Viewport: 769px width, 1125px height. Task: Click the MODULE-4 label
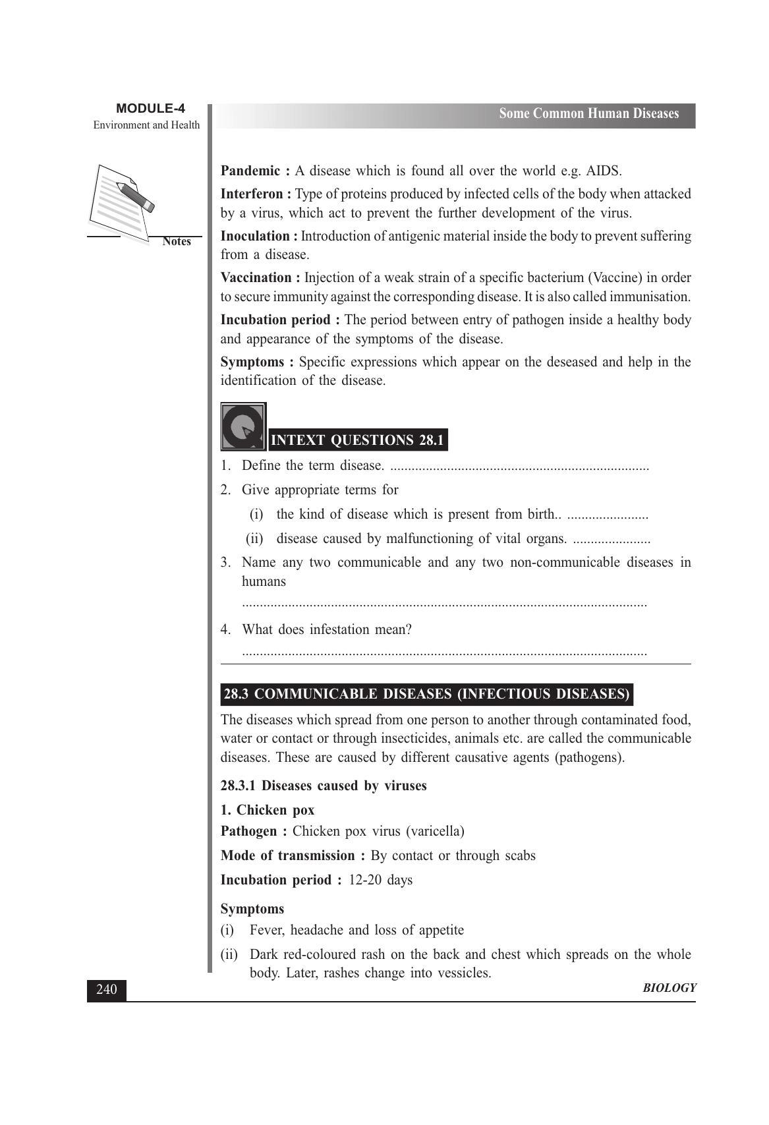pyautogui.click(x=150, y=109)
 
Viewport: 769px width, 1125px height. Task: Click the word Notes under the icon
pyautogui.click(x=177, y=241)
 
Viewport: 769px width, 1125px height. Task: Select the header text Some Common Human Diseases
pyautogui.click(x=588, y=114)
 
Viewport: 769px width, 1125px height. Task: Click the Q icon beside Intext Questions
pyautogui.click(x=243, y=426)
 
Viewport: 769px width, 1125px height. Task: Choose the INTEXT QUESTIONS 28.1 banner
pyautogui.click(x=358, y=440)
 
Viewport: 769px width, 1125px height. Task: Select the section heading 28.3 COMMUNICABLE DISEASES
pyautogui.click(x=426, y=694)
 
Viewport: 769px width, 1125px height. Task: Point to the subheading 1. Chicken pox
pyautogui.click(x=268, y=810)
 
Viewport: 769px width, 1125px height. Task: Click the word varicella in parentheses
pyautogui.click(x=434, y=831)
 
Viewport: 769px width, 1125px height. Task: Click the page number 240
pyautogui.click(x=106, y=990)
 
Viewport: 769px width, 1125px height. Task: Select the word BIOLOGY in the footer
pyautogui.click(x=669, y=988)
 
